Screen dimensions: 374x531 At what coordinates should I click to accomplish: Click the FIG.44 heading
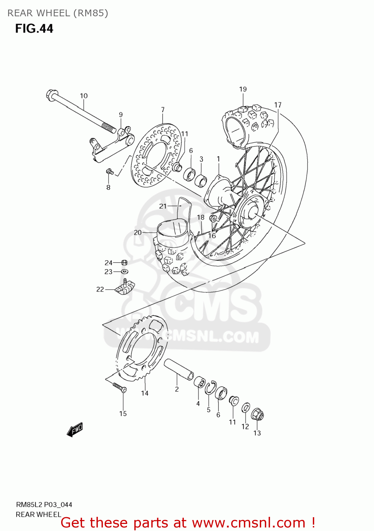[34, 28]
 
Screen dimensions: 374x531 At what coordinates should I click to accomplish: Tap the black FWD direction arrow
[75, 430]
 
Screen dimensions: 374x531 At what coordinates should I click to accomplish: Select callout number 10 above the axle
[84, 96]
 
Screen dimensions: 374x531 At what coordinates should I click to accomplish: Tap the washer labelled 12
[246, 408]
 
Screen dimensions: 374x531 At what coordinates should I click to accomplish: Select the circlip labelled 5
[210, 388]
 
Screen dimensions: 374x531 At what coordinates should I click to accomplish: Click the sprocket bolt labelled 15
[120, 387]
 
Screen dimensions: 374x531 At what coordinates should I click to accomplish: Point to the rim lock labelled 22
[124, 287]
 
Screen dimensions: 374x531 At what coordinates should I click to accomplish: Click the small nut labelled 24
[124, 263]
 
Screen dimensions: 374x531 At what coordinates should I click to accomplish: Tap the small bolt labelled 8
[110, 172]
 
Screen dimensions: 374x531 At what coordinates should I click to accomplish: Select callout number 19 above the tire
[243, 89]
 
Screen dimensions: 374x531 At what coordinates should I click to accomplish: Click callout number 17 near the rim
[278, 105]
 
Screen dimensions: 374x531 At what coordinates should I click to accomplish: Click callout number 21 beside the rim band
[163, 206]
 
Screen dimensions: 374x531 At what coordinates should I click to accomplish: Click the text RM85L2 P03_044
[44, 504]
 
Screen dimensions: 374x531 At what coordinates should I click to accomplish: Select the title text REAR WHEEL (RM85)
[58, 13]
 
